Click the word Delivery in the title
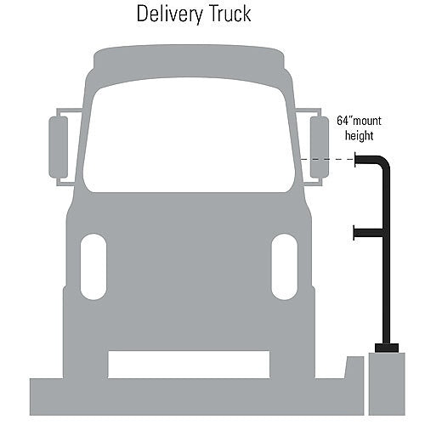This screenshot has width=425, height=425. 170,14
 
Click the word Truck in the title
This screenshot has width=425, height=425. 229,14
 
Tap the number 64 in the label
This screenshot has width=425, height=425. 343,121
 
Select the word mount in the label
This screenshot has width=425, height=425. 366,122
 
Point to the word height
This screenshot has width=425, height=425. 359,135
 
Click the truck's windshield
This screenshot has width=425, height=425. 190,135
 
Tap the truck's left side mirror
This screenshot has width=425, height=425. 59,147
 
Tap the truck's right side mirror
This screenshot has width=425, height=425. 320,147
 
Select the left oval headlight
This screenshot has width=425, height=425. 93,267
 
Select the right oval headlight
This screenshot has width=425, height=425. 285,267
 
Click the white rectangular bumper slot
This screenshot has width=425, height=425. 189,365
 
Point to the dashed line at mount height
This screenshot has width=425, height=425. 326,160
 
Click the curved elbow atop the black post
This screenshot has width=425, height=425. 382,162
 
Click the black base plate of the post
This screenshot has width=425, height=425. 387,348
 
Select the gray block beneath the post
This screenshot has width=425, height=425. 387,384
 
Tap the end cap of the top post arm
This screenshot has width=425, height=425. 355,159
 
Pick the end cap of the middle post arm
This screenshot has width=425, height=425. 354,233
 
